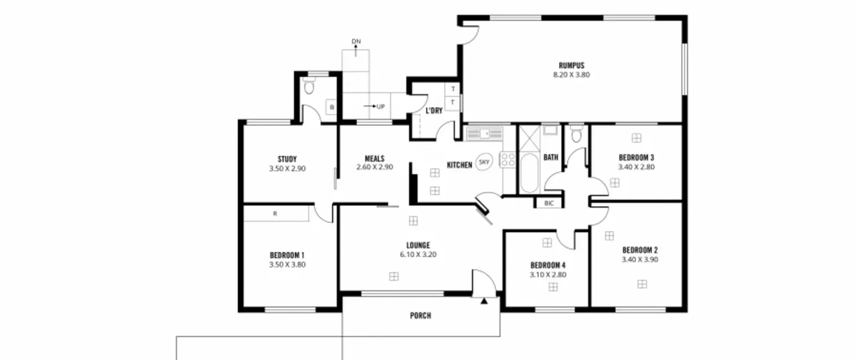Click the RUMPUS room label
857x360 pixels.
click(x=571, y=65)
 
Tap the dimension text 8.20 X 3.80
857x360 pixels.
click(x=571, y=75)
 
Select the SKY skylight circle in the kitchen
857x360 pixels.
click(x=484, y=162)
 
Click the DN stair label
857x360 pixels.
click(x=356, y=41)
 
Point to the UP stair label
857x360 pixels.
click(x=381, y=106)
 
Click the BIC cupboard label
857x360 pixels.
click(x=549, y=203)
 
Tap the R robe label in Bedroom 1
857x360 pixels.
click(x=275, y=214)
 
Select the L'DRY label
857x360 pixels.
click(x=434, y=111)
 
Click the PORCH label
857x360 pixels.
click(x=420, y=315)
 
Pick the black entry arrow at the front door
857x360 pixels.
click(x=484, y=301)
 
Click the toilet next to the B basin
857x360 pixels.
click(x=309, y=86)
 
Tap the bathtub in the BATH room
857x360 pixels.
click(x=529, y=173)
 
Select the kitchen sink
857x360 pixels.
click(x=485, y=134)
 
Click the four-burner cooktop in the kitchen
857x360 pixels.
click(x=507, y=160)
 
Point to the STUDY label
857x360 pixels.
click(x=287, y=159)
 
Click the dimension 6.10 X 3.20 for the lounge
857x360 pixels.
click(x=418, y=255)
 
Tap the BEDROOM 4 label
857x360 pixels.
click(x=548, y=265)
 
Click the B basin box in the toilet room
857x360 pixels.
click(x=331, y=107)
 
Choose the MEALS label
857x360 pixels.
click(x=375, y=158)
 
